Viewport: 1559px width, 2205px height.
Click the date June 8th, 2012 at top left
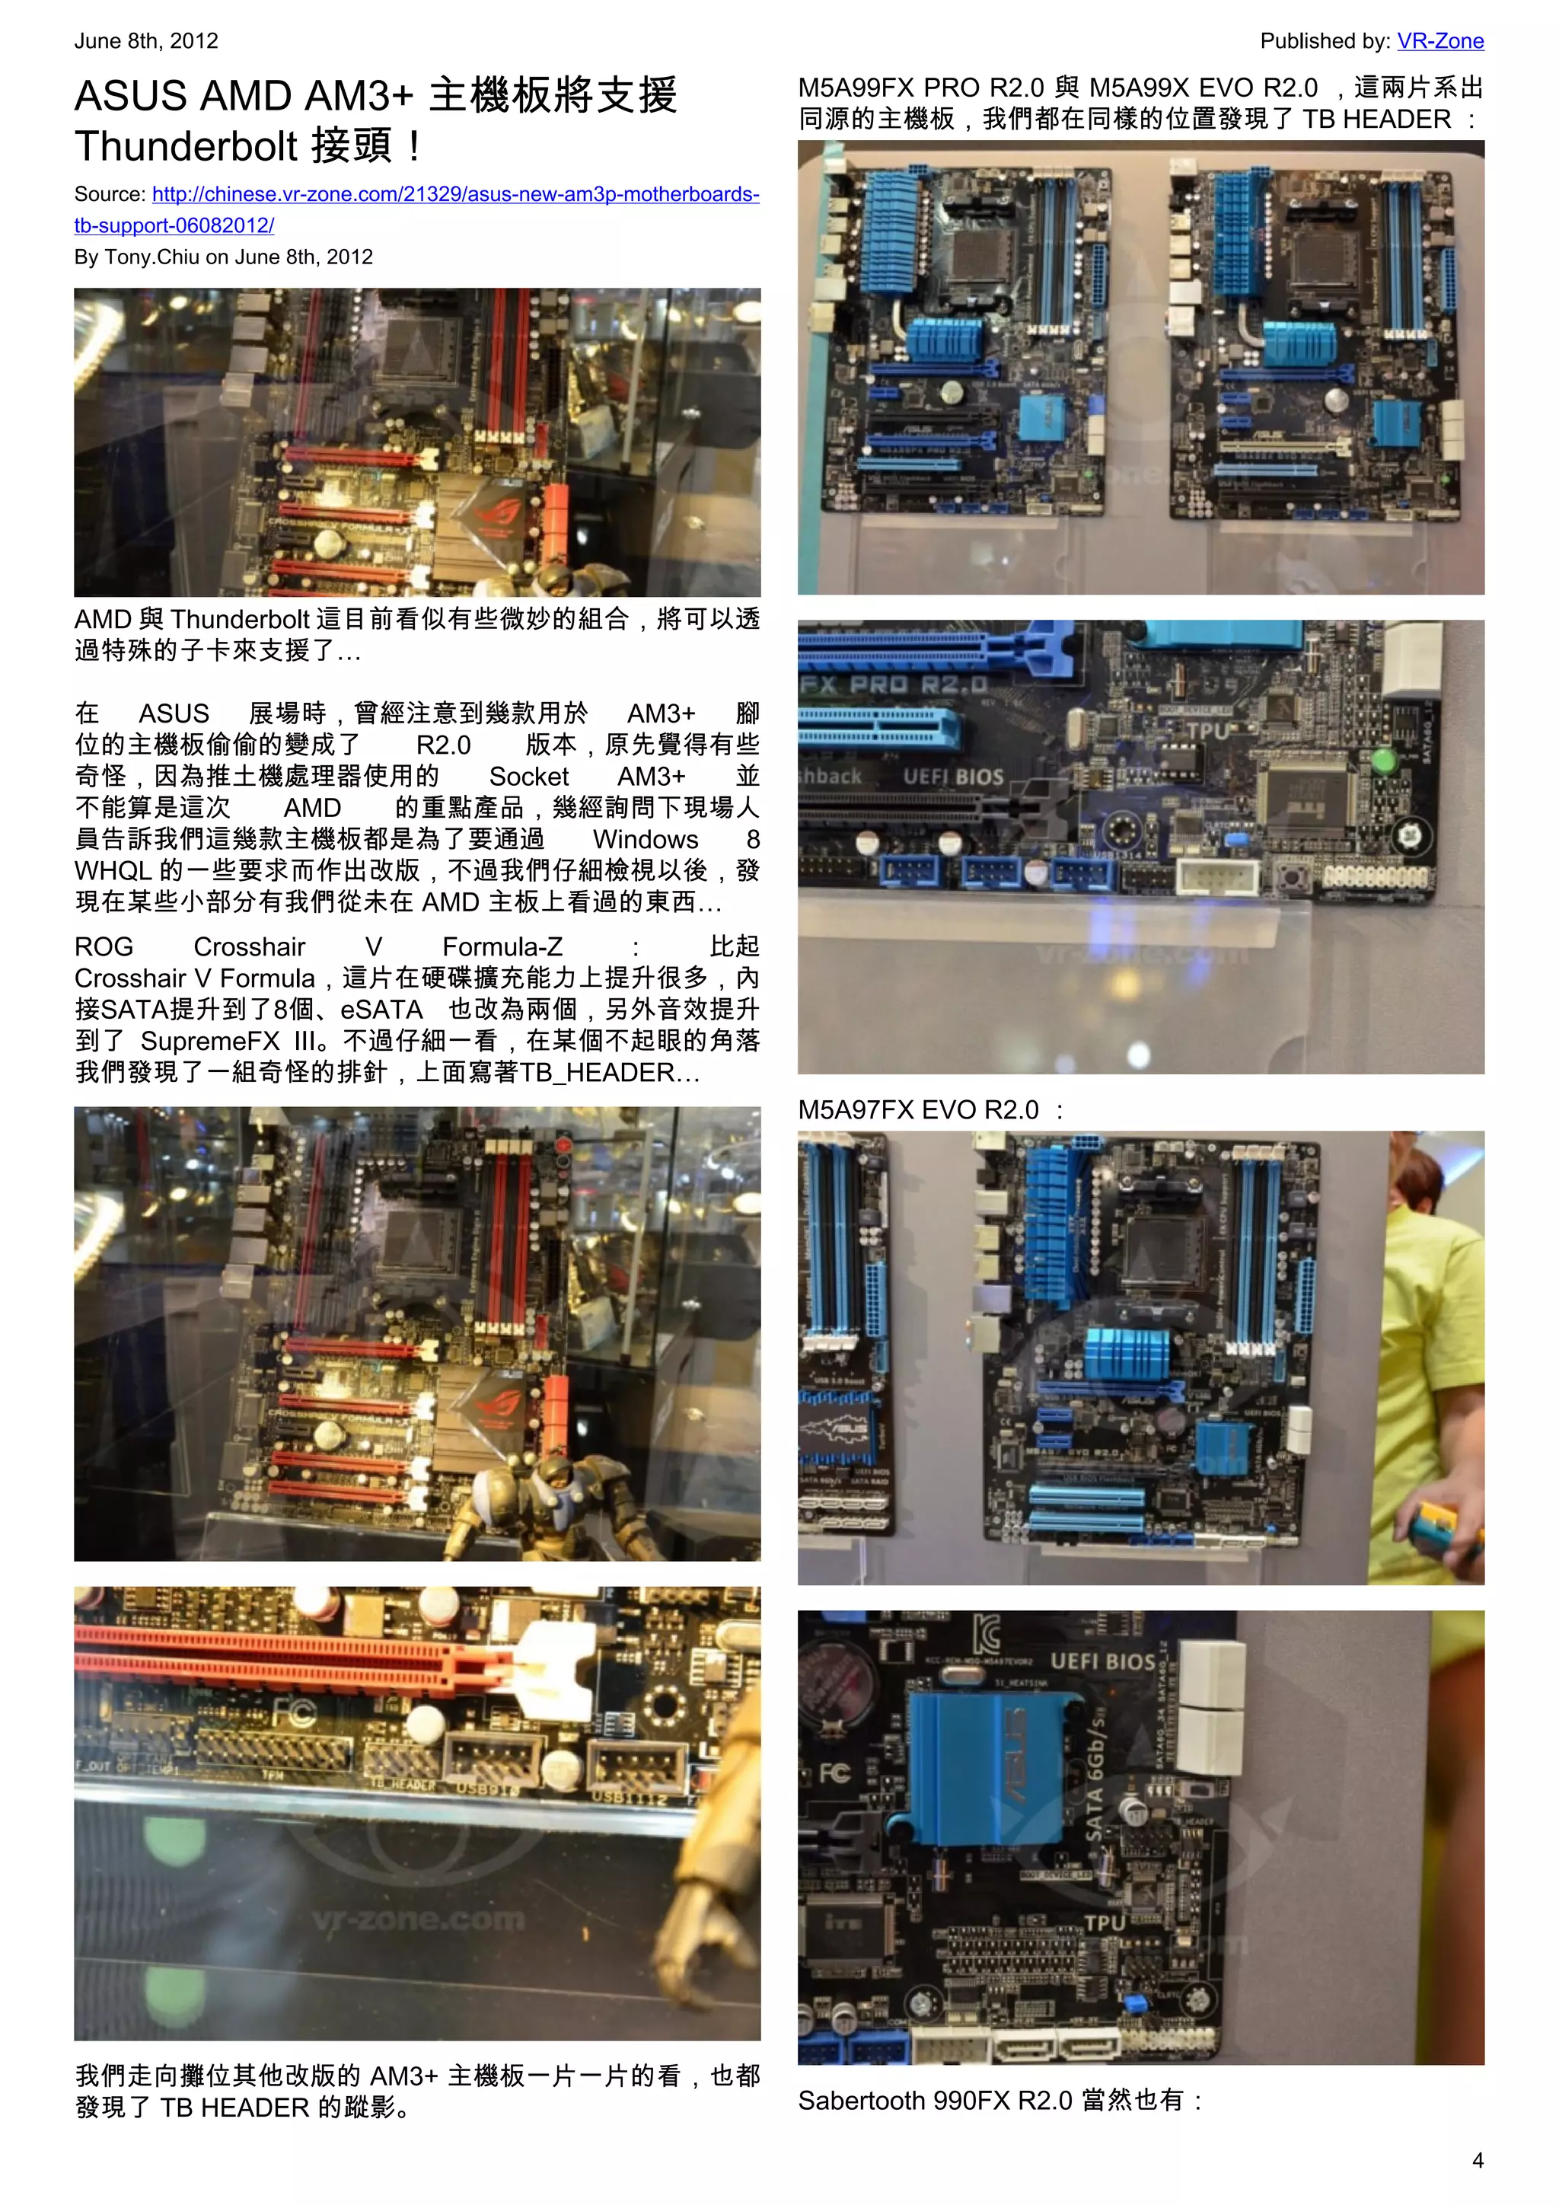(x=146, y=41)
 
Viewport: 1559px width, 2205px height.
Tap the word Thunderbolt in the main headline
(x=187, y=147)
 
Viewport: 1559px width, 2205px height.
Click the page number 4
(x=1478, y=2160)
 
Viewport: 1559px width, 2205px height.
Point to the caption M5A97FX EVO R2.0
(x=919, y=1110)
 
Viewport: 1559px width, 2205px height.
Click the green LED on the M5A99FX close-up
(x=1383, y=761)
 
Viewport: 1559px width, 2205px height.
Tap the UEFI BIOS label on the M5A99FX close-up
(x=952, y=776)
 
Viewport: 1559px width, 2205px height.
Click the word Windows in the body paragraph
(x=645, y=839)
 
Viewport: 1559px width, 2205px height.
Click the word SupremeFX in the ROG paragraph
(x=209, y=1041)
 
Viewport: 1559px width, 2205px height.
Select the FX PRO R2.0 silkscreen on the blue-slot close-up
(x=894, y=684)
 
